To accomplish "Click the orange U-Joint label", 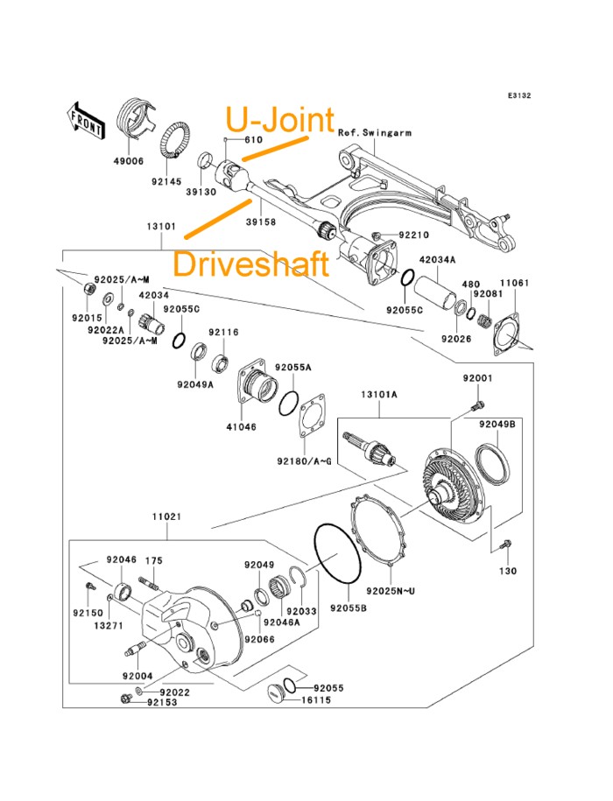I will point(280,120).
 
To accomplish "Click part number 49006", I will point(130,160).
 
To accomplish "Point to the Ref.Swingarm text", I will point(374,133).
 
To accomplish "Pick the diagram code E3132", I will point(517,97).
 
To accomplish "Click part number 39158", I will point(261,222).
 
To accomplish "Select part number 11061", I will point(514,283).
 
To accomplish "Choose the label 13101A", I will point(378,395).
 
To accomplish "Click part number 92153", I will point(162,701).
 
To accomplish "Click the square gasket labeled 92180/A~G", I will point(313,416).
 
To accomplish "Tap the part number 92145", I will point(165,182).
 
